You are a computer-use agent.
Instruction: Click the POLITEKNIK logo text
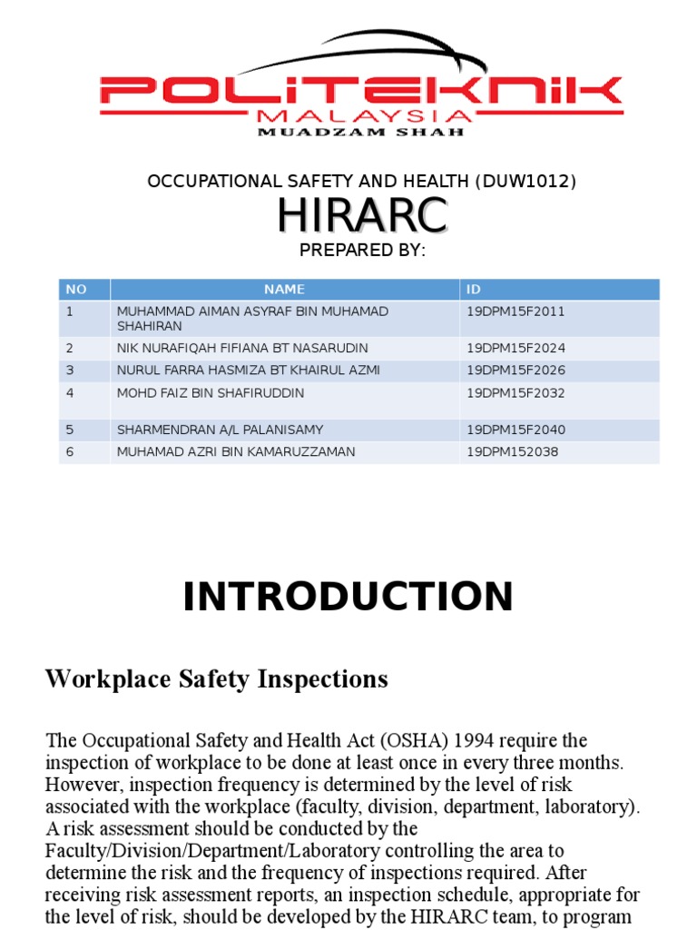coord(361,91)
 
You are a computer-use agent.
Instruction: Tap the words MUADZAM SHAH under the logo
coord(361,132)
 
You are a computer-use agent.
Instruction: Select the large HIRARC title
coord(361,215)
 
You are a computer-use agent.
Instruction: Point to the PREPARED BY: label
coord(361,251)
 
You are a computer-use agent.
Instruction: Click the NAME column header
coord(284,290)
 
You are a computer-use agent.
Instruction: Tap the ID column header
coord(474,290)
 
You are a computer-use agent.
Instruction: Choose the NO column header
coord(76,290)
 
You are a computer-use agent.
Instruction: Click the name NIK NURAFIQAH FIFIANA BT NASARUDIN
coord(242,348)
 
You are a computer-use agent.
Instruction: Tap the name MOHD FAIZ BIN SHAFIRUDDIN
coord(211,393)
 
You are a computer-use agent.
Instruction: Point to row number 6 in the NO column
coord(69,451)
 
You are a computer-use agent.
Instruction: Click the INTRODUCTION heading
coord(348,598)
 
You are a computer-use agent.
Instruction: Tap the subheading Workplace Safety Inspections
coord(217,678)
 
